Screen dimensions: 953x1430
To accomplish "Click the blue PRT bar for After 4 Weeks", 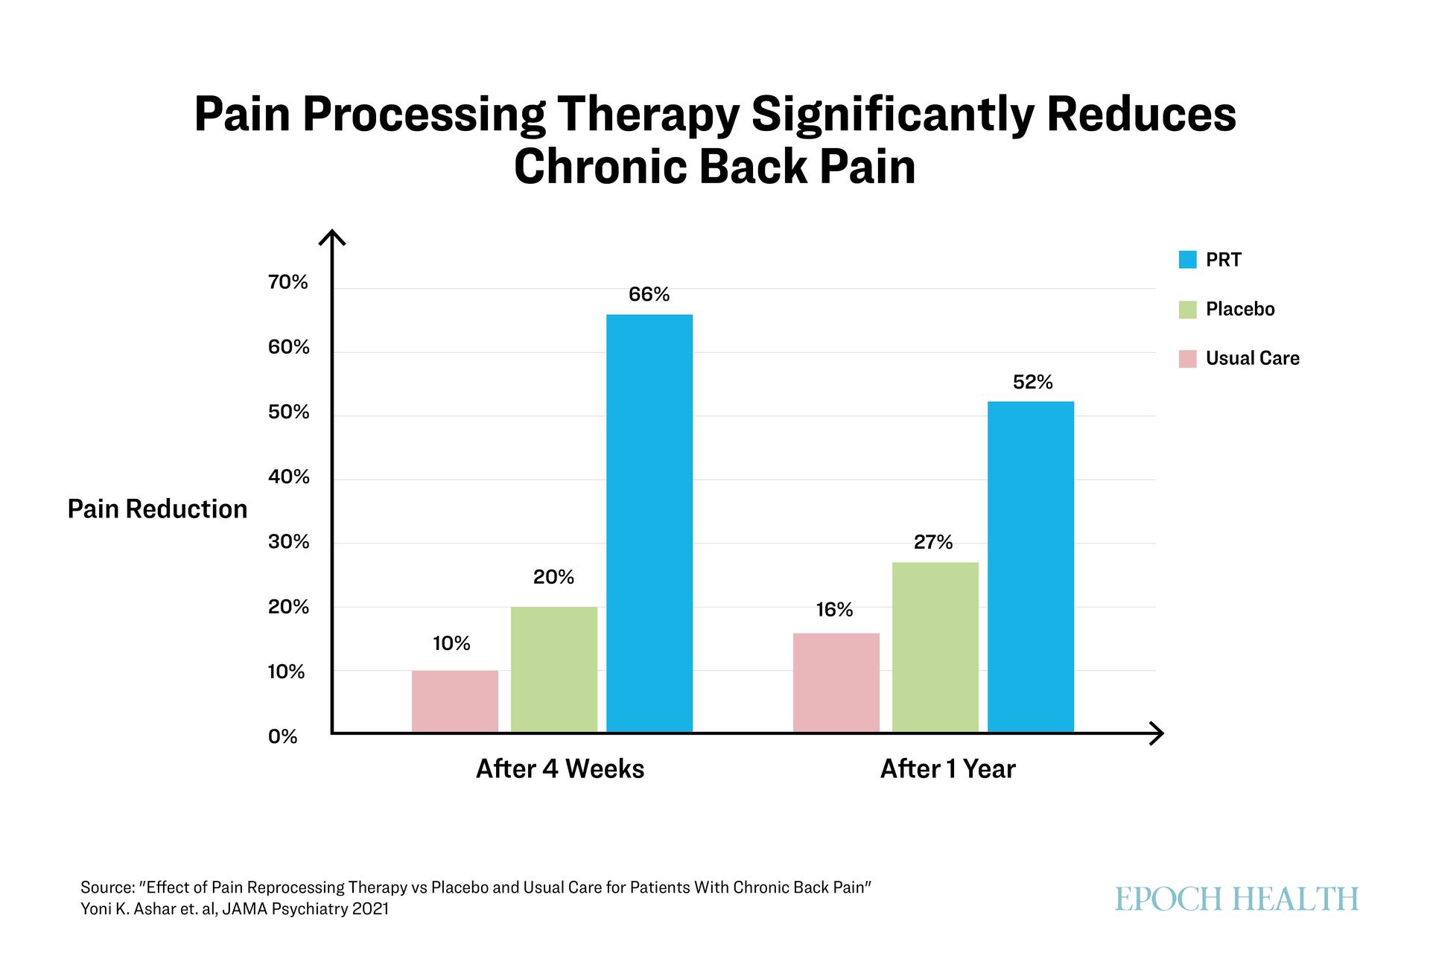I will (649, 523).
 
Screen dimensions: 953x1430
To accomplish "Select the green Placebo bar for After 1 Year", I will (935, 647).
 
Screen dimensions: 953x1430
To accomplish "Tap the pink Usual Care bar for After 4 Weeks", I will (454, 701).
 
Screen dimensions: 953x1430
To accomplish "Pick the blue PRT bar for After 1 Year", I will (1031, 567).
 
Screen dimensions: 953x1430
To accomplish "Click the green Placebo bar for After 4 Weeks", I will (553, 669).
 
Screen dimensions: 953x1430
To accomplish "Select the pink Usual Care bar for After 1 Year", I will (836, 683).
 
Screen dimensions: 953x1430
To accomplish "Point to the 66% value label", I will (649, 295).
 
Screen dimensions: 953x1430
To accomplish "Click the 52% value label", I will (1032, 383).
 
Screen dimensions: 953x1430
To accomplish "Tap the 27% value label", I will (933, 543).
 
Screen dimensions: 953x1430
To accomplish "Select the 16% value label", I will (834, 611).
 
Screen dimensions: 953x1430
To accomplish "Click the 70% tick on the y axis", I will (288, 282).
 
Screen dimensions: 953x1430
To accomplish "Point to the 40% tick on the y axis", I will (288, 477).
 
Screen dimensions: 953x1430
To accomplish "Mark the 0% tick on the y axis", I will (282, 737).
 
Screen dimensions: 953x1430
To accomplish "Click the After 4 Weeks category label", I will (560, 769).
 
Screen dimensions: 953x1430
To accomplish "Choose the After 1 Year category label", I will (947, 769).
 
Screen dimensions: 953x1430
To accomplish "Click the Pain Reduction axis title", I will (157, 509).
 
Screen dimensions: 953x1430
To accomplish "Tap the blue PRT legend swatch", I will (1187, 260).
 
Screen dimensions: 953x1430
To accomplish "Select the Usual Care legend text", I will (1252, 358).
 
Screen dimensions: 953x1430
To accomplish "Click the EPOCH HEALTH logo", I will (1236, 899).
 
